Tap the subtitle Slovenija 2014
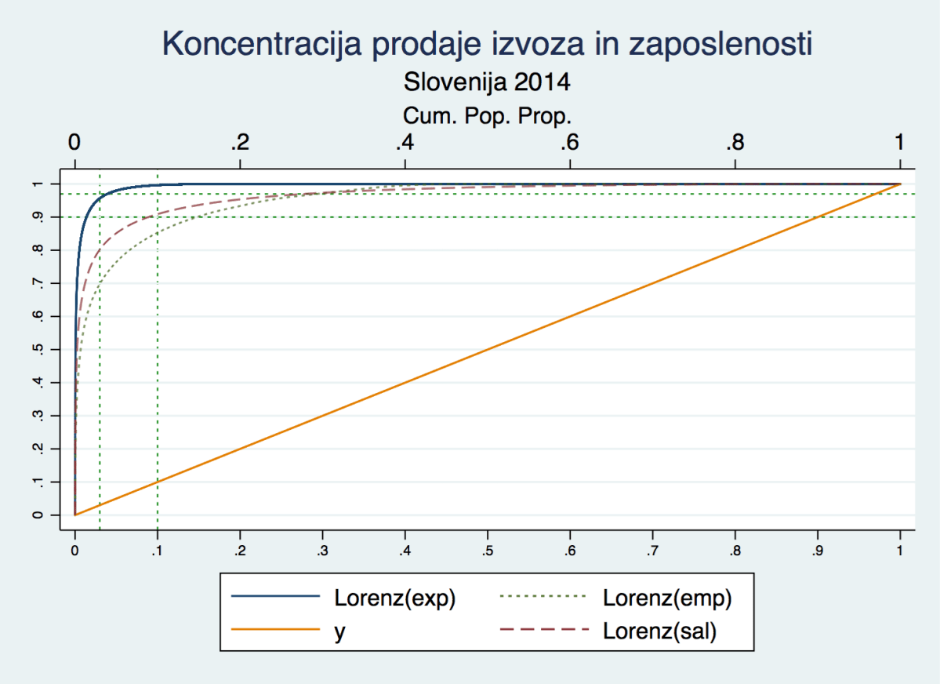pyautogui.click(x=486, y=81)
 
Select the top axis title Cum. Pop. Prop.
pyautogui.click(x=486, y=116)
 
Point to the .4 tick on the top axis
pyautogui.click(x=405, y=144)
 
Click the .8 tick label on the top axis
pyautogui.click(x=735, y=144)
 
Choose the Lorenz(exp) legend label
pyautogui.click(x=394, y=598)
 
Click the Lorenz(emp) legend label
pyautogui.click(x=667, y=598)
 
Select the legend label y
pyautogui.click(x=339, y=631)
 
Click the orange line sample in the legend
pyautogui.click(x=276, y=629)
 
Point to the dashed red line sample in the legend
pyautogui.click(x=543, y=629)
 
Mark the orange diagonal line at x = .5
pyautogui.click(x=488, y=350)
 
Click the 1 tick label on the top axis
pyautogui.click(x=900, y=144)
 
